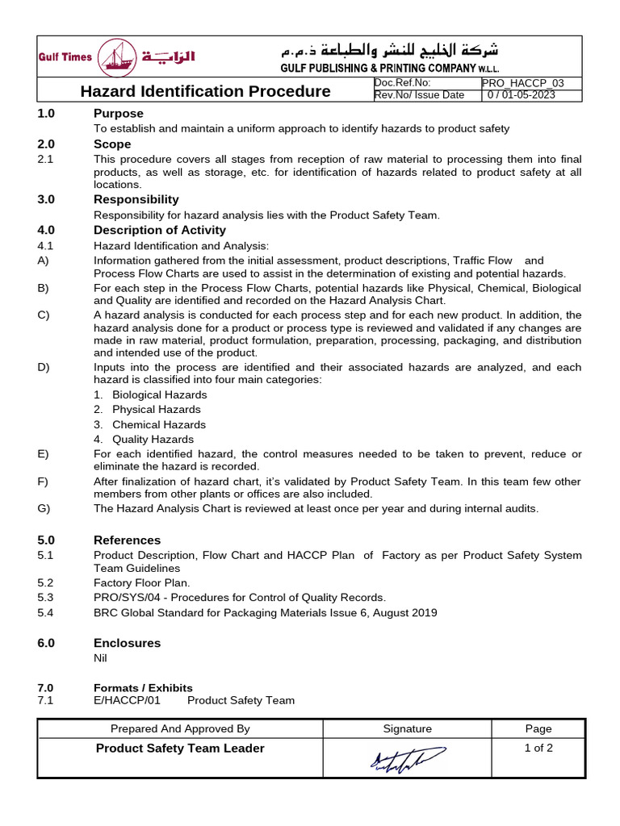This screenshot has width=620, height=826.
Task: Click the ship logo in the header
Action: pos(117,58)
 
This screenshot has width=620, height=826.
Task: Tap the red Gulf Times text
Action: pos(65,57)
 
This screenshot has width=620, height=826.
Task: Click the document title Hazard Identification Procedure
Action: pos(205,91)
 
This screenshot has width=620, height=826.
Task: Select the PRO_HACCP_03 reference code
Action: pos(522,83)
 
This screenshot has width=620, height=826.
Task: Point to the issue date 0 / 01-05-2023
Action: pos(521,95)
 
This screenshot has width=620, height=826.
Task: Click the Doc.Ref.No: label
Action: pos(403,83)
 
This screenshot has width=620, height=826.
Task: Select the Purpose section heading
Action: pos(119,114)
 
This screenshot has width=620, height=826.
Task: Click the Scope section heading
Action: pos(112,144)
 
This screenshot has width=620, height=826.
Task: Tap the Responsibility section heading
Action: pos(136,199)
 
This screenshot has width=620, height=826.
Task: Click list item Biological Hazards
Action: pos(159,394)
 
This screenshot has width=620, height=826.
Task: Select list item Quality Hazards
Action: pos(153,440)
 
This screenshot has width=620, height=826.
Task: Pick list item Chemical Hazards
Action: pos(158,424)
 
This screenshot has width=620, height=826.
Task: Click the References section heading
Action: pos(127,540)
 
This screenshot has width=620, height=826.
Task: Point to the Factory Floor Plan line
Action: pos(142,582)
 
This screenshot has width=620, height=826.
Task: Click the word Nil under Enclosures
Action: pos(101,658)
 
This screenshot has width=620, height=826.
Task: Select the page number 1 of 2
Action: pos(538,748)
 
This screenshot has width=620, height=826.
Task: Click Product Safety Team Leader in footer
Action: pos(180,749)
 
